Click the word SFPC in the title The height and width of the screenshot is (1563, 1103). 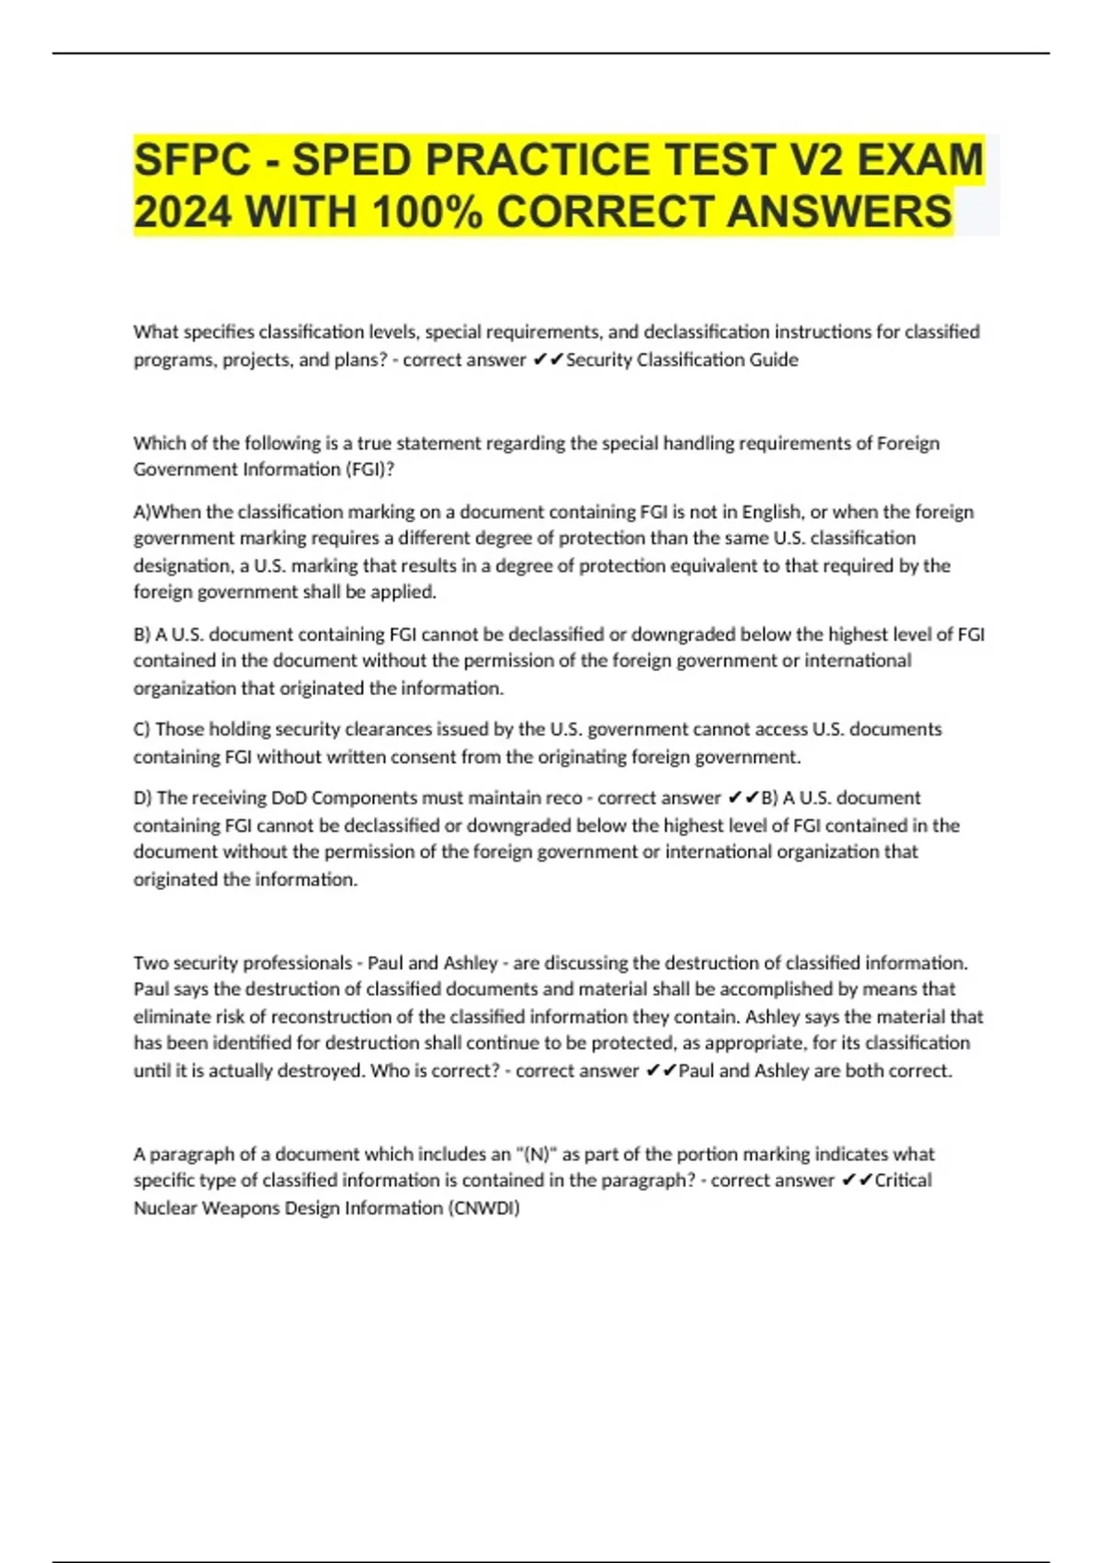pos(192,160)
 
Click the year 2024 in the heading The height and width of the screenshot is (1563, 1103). pos(182,212)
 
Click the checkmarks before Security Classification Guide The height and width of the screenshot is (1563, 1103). pos(548,359)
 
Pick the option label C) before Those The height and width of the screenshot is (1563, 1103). pos(142,729)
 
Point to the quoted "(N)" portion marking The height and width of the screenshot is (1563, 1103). pos(537,1154)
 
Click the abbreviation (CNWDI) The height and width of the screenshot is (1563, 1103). pos(483,1208)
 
